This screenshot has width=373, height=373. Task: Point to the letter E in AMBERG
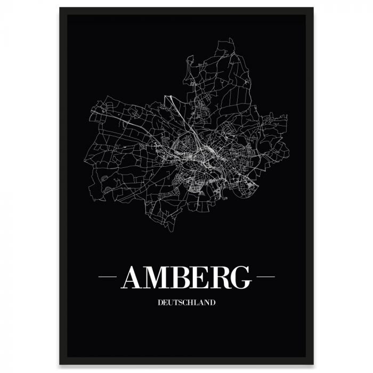coord(197,277)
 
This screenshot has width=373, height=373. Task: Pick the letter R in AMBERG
coord(217,277)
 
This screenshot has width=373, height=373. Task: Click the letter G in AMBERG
coord(240,277)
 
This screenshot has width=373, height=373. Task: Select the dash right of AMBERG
coord(265,277)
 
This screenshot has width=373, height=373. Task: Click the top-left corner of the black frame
coord(60,8)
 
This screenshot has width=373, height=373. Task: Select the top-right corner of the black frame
coord(313,8)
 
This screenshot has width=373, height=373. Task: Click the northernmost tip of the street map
coord(231,38)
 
